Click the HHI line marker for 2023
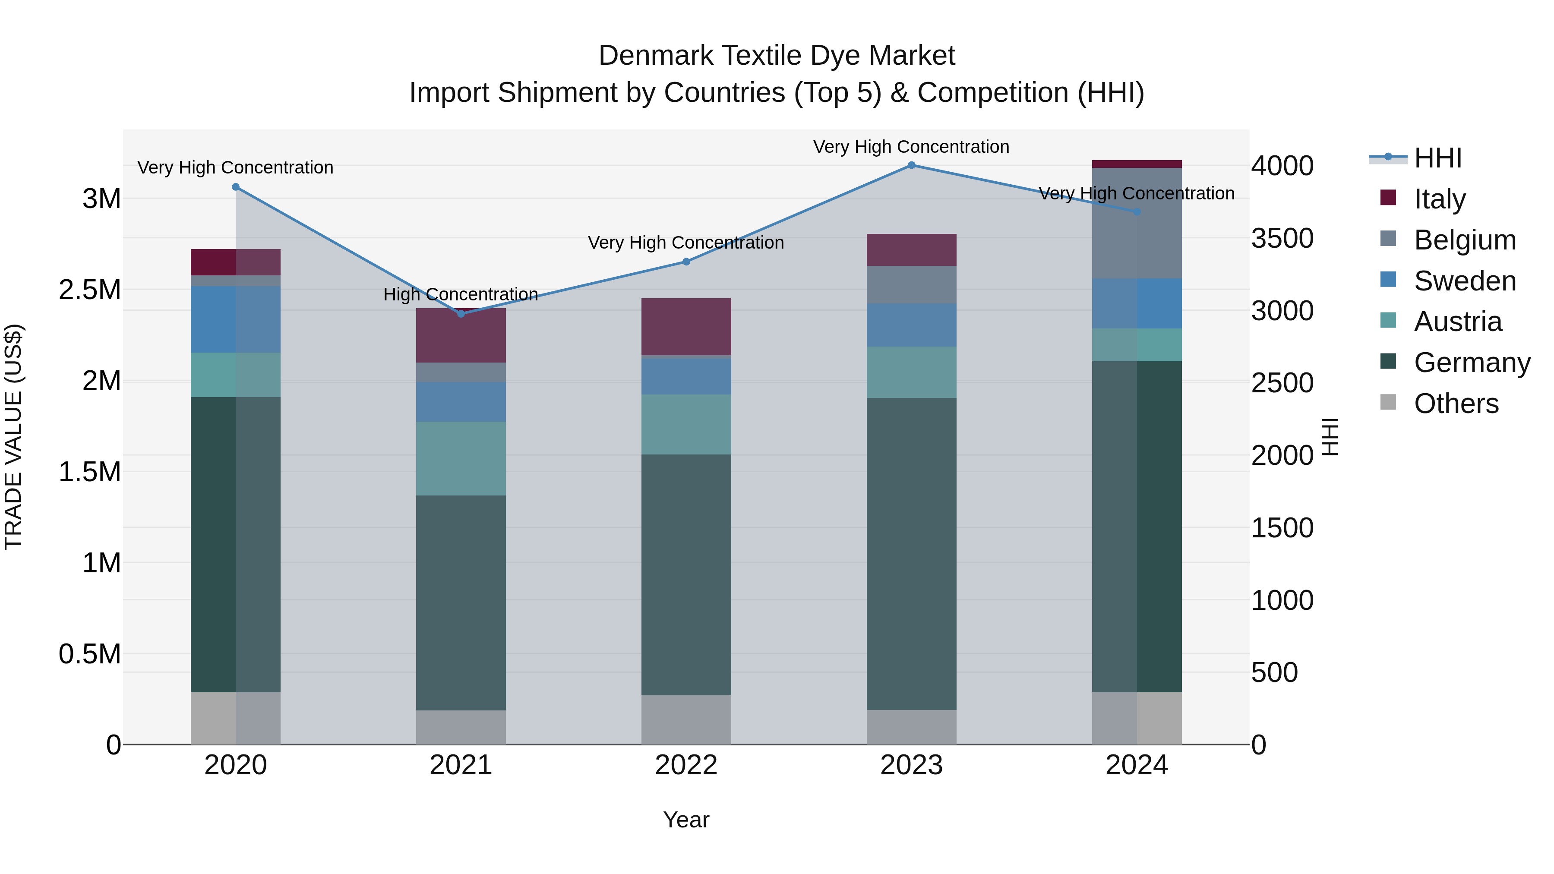(x=912, y=165)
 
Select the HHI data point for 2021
(x=461, y=314)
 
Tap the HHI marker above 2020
(x=236, y=187)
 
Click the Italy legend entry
(x=1439, y=199)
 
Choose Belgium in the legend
(x=1465, y=240)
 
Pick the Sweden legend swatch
(x=1388, y=280)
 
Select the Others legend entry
(x=1456, y=404)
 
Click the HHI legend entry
(x=1437, y=158)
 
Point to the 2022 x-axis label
(x=686, y=765)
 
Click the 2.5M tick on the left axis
(x=90, y=290)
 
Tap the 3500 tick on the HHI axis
(x=1282, y=238)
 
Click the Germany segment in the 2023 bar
(x=912, y=553)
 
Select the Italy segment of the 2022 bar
(x=686, y=326)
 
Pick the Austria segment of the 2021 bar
(x=461, y=458)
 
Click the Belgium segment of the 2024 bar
(x=1137, y=223)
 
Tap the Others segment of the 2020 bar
(x=236, y=718)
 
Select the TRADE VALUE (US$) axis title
(x=13, y=437)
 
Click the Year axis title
(x=686, y=820)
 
